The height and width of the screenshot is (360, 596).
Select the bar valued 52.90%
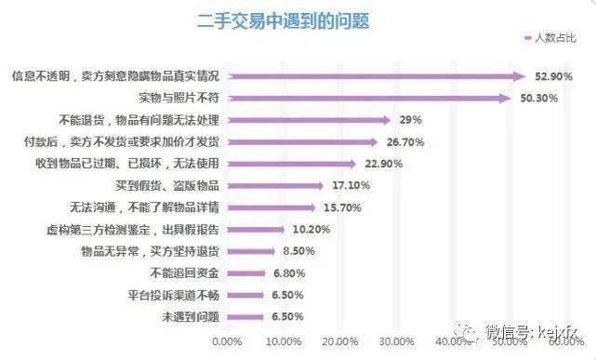[x=377, y=75]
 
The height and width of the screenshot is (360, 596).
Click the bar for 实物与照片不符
[x=370, y=98]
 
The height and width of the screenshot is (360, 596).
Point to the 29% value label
[x=410, y=120]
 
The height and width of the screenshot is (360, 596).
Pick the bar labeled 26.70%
[x=303, y=142]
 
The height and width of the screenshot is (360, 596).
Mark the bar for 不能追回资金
[x=247, y=273]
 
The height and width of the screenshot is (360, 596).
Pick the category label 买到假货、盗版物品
[x=168, y=186]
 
